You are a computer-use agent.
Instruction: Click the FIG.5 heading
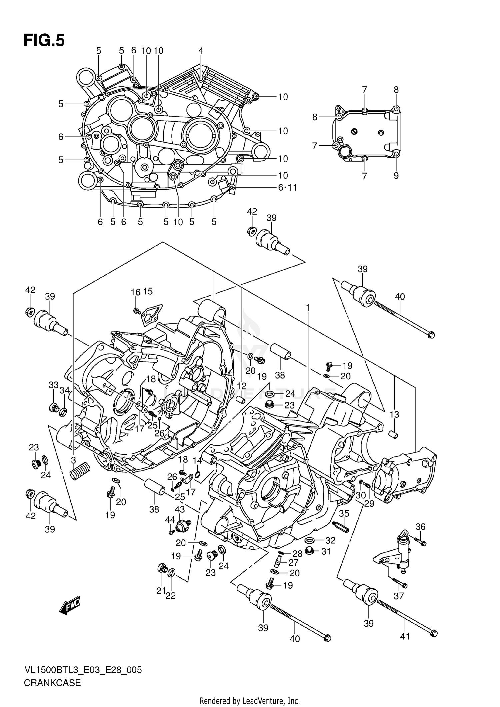tap(44, 40)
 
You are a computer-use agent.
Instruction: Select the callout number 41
tap(405, 636)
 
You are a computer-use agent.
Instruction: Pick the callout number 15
tap(148, 292)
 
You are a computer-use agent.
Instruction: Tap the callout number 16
tap(135, 292)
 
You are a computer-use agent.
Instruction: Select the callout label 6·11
tap(287, 188)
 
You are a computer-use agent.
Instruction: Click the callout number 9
tap(396, 176)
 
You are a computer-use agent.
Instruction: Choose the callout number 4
tap(201, 51)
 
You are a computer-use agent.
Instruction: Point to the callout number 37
tap(399, 596)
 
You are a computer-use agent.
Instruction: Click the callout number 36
tap(421, 526)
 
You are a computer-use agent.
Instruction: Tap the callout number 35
tap(344, 513)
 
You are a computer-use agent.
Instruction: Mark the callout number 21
tap(161, 591)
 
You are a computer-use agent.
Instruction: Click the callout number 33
tap(53, 385)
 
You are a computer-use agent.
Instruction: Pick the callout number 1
tap(308, 308)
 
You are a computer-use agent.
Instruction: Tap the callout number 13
tap(394, 414)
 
